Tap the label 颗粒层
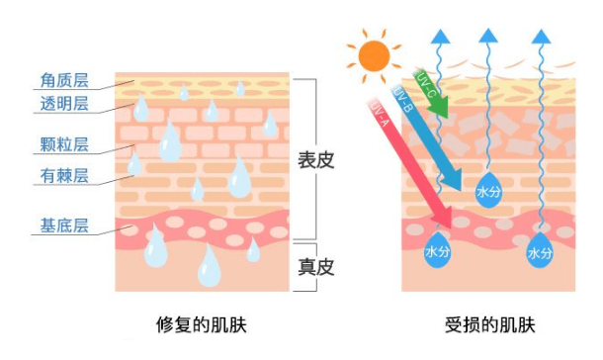[x=67, y=144]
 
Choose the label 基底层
[x=67, y=225]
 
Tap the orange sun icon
[x=375, y=55]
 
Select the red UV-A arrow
[x=404, y=158]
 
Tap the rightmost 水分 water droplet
[x=540, y=252]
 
